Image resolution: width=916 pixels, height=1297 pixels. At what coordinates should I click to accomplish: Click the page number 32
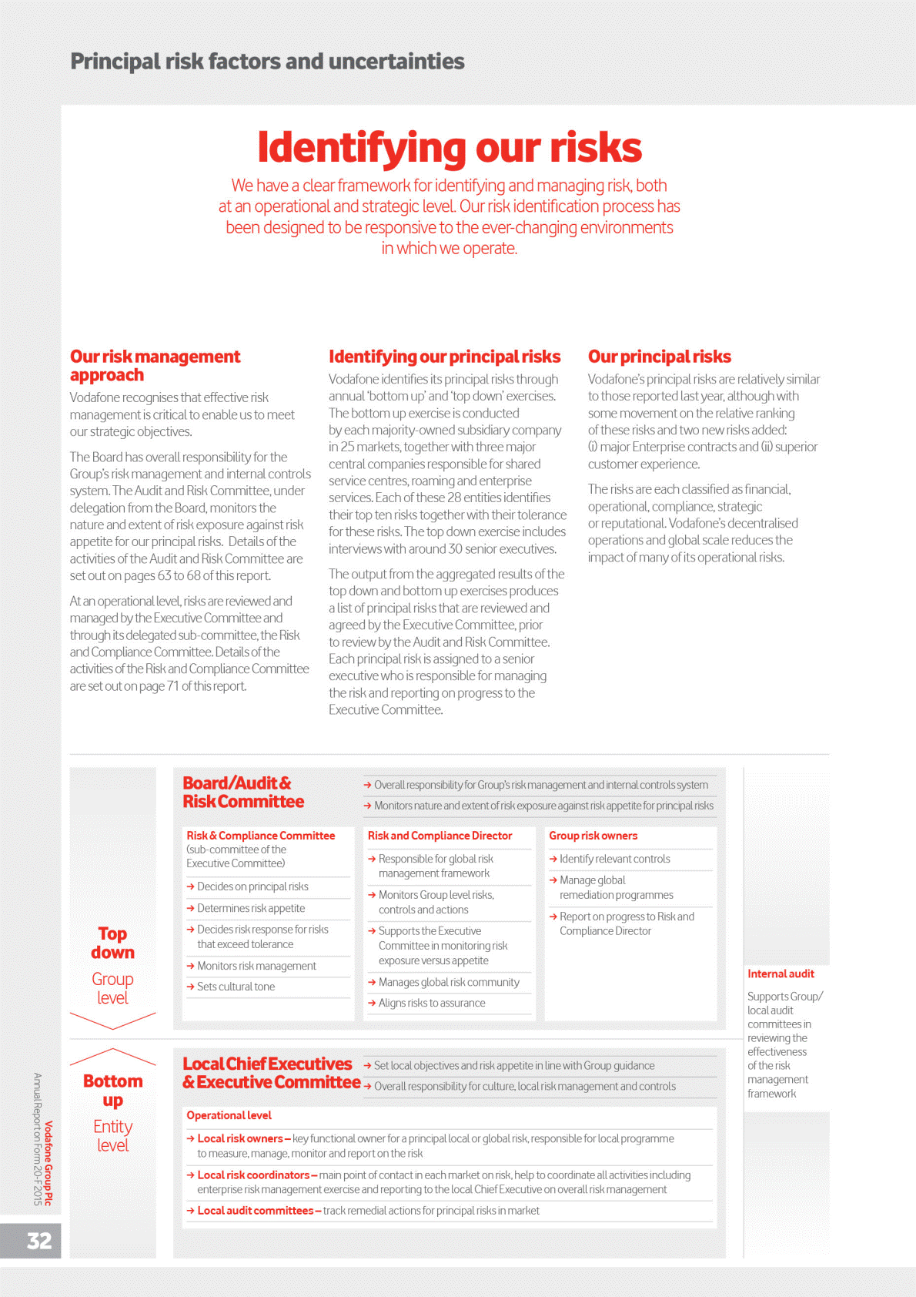pyautogui.click(x=39, y=1241)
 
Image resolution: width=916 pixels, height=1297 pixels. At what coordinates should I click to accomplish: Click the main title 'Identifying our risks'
pyautogui.click(x=450, y=147)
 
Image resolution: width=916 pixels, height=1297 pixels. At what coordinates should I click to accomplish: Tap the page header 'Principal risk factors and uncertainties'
pyautogui.click(x=267, y=62)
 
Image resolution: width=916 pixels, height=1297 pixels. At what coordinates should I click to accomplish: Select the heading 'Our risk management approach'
pyautogui.click(x=155, y=366)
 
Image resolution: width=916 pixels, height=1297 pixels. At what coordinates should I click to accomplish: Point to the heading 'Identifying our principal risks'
pyautogui.click(x=444, y=357)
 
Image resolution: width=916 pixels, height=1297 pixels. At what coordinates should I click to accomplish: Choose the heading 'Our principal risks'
pyautogui.click(x=659, y=357)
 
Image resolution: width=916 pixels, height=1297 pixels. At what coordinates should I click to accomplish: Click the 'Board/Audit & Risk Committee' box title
pyautogui.click(x=242, y=793)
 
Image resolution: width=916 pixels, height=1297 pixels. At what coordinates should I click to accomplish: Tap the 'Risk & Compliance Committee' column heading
pyautogui.click(x=260, y=836)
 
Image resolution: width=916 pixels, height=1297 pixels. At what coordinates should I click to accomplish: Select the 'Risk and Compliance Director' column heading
pyautogui.click(x=440, y=836)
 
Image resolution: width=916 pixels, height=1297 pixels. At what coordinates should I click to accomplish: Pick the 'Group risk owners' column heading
pyautogui.click(x=593, y=836)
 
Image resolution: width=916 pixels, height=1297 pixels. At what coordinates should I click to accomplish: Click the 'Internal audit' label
pyautogui.click(x=781, y=974)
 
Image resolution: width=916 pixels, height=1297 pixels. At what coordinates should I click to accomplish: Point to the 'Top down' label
pyautogui.click(x=112, y=943)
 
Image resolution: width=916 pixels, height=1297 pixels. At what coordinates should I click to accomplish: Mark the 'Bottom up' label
pyautogui.click(x=112, y=1091)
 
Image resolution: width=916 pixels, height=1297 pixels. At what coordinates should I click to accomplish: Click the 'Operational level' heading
pyautogui.click(x=229, y=1115)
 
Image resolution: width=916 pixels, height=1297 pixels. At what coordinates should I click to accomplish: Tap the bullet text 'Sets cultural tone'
pyautogui.click(x=236, y=987)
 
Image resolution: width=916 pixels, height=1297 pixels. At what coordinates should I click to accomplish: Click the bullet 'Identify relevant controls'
pyautogui.click(x=614, y=859)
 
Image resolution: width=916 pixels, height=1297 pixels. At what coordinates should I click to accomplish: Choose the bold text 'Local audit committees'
pyautogui.click(x=256, y=1211)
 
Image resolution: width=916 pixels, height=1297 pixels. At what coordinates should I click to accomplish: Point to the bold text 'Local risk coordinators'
pyautogui.click(x=253, y=1175)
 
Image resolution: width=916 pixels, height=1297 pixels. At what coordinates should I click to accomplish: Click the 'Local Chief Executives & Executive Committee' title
pyautogui.click(x=271, y=1073)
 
